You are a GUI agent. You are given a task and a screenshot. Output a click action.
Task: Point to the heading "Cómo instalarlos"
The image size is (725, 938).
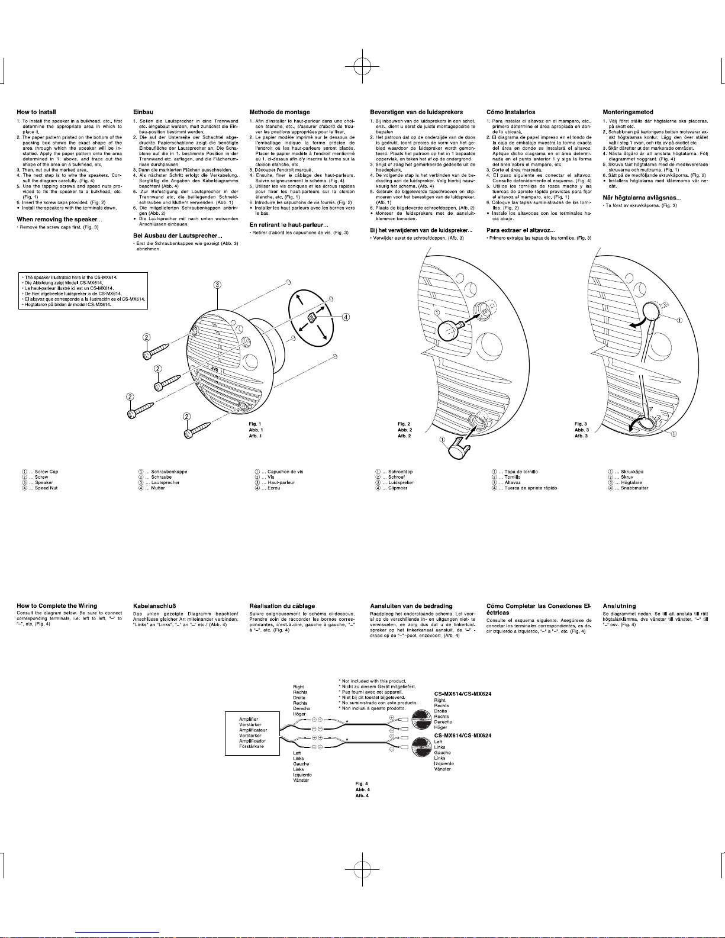click(x=510, y=112)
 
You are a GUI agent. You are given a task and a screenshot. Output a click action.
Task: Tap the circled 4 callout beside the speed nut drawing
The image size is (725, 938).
click(x=346, y=317)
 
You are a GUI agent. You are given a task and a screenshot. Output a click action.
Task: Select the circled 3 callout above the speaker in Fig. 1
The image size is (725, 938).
click(x=218, y=285)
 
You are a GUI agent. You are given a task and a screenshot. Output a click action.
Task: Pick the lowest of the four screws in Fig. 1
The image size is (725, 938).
click(x=198, y=429)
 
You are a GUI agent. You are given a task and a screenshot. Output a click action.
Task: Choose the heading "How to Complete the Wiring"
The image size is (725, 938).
click(x=57, y=605)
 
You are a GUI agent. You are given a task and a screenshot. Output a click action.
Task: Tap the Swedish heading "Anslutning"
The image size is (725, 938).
click(x=619, y=605)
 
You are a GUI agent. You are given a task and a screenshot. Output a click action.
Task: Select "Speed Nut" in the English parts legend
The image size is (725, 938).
click(x=46, y=488)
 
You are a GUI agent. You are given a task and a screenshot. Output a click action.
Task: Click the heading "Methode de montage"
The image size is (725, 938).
click(x=279, y=112)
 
